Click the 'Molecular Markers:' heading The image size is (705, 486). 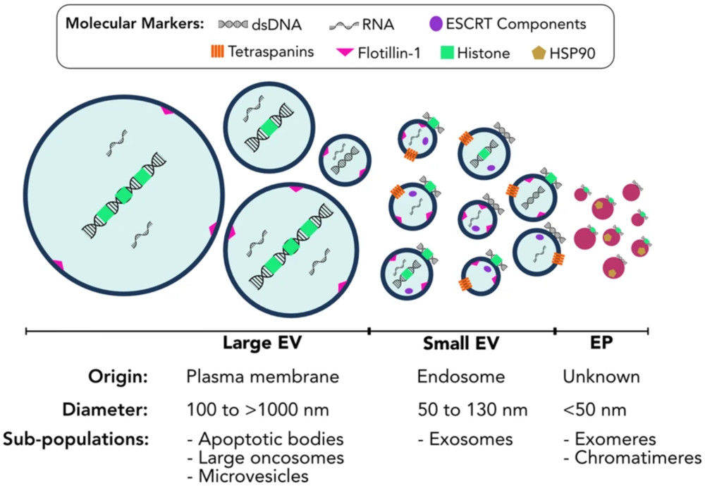click(x=133, y=23)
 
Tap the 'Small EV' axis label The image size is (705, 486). click(x=461, y=344)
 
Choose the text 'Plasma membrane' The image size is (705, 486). click(x=262, y=377)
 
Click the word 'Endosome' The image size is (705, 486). click(x=461, y=377)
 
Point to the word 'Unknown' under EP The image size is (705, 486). click(x=601, y=377)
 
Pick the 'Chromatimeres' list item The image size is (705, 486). click(x=632, y=458)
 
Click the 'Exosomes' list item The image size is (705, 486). click(x=465, y=439)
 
